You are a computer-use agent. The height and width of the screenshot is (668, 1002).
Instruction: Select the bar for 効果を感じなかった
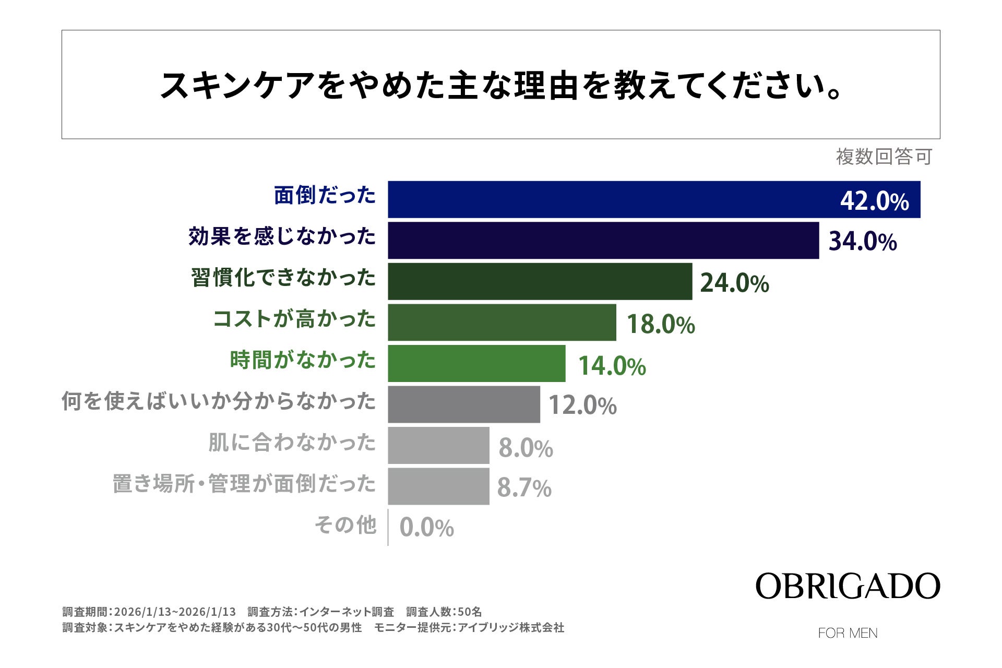(603, 240)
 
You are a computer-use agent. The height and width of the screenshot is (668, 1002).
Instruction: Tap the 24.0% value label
(734, 283)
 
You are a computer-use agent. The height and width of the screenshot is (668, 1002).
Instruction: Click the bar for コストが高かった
(502, 323)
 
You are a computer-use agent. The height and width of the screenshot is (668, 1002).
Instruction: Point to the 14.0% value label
(612, 365)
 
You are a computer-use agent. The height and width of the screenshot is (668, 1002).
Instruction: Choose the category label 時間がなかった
(303, 360)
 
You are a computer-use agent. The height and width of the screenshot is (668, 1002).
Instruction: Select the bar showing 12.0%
(463, 404)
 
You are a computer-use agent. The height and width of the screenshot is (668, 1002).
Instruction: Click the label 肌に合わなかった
(292, 443)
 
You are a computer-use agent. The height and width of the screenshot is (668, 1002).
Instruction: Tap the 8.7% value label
(524, 488)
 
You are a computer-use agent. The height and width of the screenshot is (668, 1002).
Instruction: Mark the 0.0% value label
(426, 528)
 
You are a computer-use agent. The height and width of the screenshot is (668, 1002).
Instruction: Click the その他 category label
(345, 525)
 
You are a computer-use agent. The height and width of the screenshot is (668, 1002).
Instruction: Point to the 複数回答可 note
(884, 157)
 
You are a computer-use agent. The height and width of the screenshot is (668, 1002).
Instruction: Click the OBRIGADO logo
(848, 587)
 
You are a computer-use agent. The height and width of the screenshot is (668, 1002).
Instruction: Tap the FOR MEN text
(848, 633)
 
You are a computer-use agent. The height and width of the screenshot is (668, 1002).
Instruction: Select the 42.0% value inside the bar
(874, 201)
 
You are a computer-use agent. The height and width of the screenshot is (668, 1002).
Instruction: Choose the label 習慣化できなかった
(283, 278)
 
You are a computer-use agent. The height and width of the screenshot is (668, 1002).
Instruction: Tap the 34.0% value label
(862, 242)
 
